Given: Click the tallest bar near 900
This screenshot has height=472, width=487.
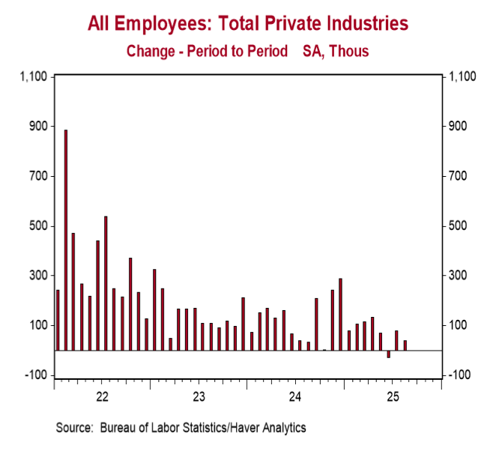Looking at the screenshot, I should (66, 240).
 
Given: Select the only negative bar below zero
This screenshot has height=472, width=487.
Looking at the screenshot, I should (389, 354).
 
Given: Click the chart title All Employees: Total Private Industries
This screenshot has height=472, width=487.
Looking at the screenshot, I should (248, 24).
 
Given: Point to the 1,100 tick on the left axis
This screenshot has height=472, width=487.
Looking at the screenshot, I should (34, 76).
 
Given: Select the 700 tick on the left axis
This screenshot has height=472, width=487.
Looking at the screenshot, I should (38, 176).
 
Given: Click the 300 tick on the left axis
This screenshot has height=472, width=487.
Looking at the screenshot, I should (38, 276).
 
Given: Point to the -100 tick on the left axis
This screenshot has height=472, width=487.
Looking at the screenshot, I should (36, 375).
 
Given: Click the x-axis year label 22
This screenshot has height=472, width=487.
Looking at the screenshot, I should (103, 395).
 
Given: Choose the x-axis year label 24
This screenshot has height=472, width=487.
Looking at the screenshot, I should (295, 395).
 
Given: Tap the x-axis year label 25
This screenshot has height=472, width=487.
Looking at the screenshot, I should (392, 395).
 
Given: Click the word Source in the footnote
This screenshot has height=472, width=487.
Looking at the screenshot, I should (73, 428).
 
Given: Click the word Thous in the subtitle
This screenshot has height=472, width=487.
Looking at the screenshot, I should (351, 51).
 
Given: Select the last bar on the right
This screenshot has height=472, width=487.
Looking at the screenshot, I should (405, 345).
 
